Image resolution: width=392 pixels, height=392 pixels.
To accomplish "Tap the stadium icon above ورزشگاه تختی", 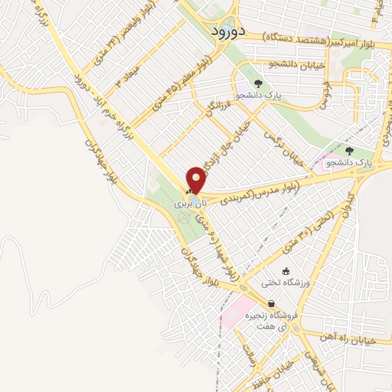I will pyautogui.click(x=286, y=271).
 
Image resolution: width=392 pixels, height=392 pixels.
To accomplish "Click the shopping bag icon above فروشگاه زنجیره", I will pyautogui.click(x=272, y=303).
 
